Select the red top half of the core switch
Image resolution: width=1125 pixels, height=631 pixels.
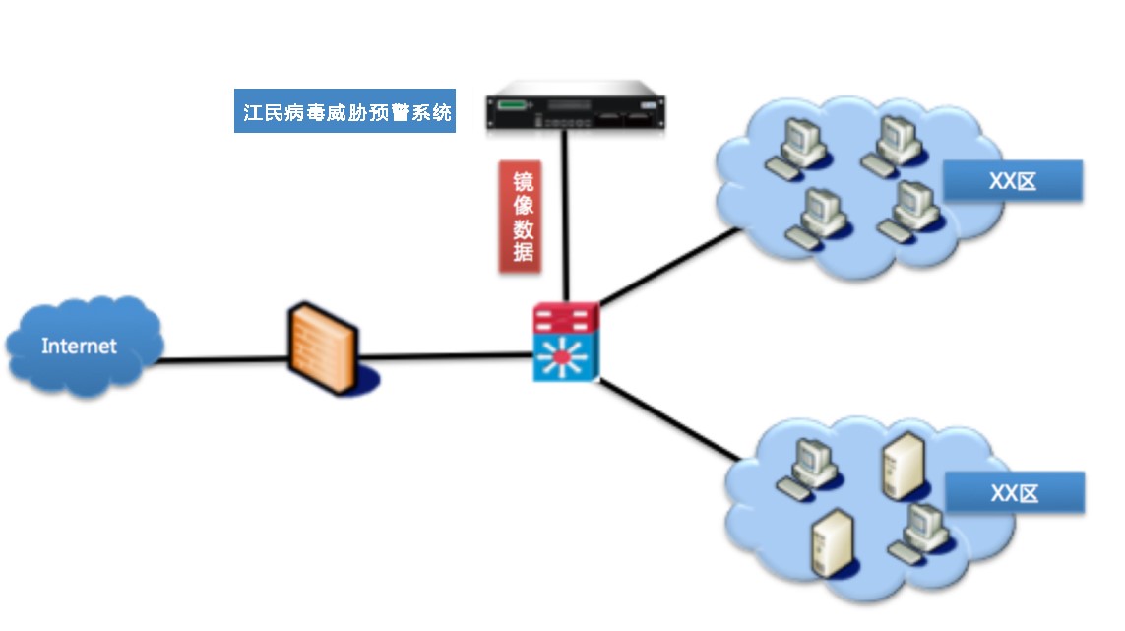pyautogui.click(x=566, y=318)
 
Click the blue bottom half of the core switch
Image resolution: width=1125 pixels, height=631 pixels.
pyautogui.click(x=566, y=359)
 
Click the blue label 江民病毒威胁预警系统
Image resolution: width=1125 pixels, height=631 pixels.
pyautogui.click(x=345, y=113)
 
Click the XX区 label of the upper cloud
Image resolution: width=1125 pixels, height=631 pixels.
pyautogui.click(x=1013, y=181)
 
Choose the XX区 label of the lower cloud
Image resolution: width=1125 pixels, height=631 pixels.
pyautogui.click(x=1015, y=492)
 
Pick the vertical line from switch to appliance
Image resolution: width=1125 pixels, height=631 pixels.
pyautogui.click(x=566, y=217)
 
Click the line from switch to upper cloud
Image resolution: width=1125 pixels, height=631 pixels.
pyautogui.click(x=669, y=267)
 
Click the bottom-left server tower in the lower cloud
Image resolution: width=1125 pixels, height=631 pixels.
pyautogui.click(x=827, y=542)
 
